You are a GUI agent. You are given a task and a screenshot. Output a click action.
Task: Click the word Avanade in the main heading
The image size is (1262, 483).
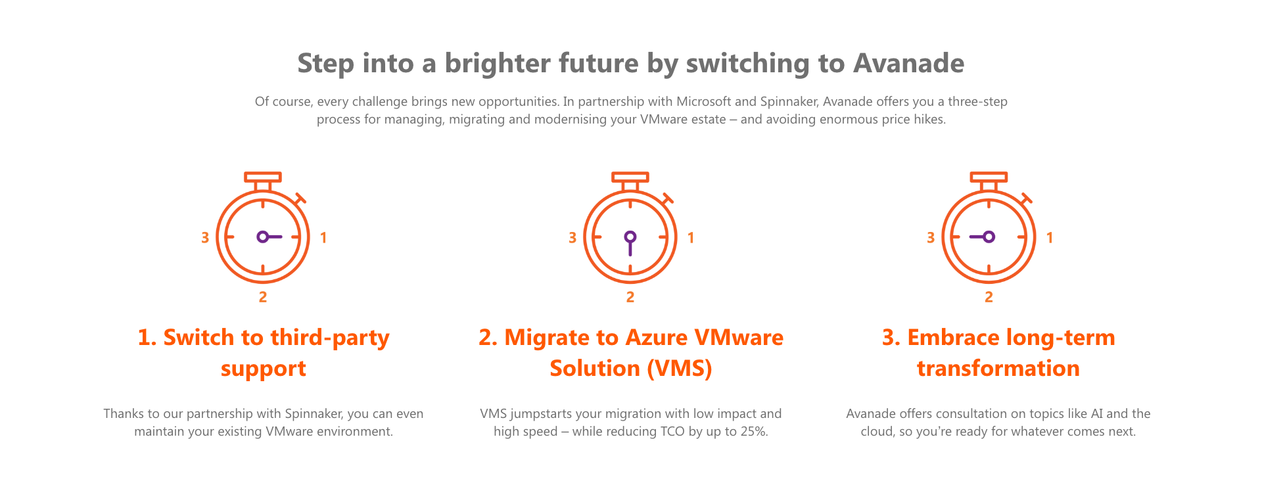tap(908, 63)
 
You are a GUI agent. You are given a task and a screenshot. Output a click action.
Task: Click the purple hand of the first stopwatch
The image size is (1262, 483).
tap(269, 237)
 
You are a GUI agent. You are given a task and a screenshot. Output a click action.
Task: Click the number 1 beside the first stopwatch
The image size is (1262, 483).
tap(323, 237)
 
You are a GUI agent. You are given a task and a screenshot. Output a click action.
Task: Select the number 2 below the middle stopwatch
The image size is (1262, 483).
tap(630, 297)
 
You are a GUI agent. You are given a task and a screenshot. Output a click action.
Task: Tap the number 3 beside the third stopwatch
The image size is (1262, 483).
tap(931, 237)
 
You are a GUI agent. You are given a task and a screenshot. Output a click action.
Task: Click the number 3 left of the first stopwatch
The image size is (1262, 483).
tap(205, 237)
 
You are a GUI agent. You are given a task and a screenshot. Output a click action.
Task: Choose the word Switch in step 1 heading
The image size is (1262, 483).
tap(199, 337)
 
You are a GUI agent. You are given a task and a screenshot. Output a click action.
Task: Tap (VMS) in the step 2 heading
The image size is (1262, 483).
tap(680, 368)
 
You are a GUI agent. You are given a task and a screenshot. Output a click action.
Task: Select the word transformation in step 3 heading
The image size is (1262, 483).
tap(998, 368)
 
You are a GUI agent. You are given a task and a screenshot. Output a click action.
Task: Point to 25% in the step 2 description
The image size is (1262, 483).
tap(754, 431)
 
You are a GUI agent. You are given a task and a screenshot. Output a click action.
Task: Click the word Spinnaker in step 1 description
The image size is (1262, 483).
tap(314, 413)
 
